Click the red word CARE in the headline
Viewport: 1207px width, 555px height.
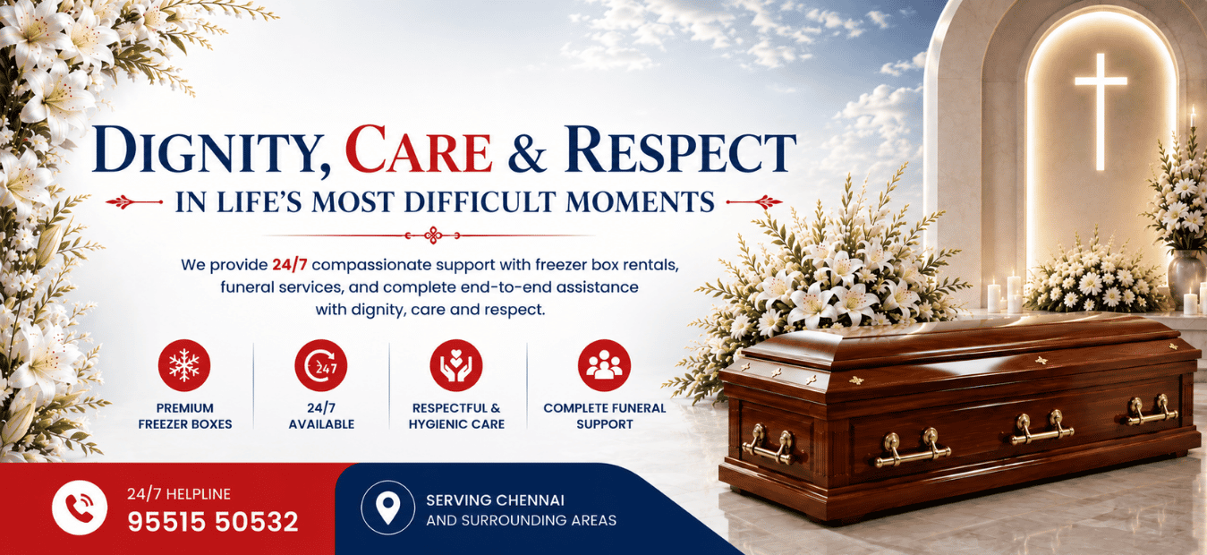(419, 149)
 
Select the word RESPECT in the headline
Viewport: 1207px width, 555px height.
(681, 149)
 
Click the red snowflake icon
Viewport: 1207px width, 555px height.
(184, 365)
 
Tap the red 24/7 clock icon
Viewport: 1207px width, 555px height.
(321, 365)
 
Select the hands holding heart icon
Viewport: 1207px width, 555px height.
(456, 365)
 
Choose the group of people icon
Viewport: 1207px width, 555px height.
(604, 365)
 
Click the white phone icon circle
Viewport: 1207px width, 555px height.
(80, 508)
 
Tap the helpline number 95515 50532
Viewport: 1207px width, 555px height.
(213, 522)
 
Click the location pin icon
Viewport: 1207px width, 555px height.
(388, 508)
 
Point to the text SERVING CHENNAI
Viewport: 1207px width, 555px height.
(495, 500)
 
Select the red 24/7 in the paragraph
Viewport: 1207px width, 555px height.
(289, 265)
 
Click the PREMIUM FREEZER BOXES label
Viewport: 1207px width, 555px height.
(185, 416)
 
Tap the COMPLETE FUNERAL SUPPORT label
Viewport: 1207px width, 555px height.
(605, 416)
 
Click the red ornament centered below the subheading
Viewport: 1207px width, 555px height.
(433, 235)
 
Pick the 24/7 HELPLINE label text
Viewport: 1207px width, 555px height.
(179, 493)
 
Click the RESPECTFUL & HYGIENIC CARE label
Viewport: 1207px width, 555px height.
(456, 416)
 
